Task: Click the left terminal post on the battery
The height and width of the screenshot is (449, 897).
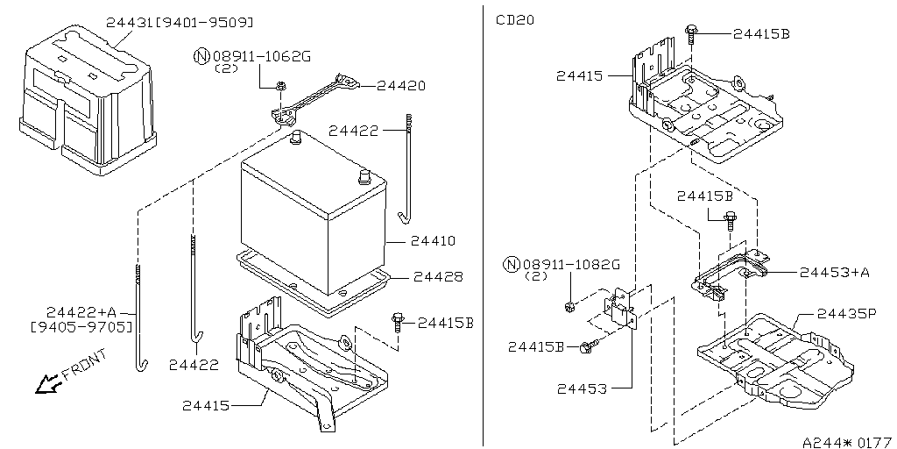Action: click(296, 137)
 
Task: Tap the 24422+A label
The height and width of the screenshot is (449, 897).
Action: click(81, 312)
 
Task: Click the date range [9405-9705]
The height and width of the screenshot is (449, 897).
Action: click(81, 327)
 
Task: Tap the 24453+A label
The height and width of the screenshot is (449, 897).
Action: click(835, 273)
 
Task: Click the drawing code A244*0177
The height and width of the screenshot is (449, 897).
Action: click(845, 441)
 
